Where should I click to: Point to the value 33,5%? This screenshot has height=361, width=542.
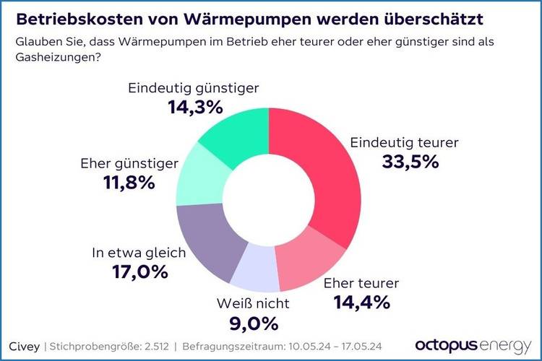pyautogui.click(x=410, y=162)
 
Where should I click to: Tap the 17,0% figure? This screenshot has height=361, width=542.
pyautogui.click(x=139, y=272)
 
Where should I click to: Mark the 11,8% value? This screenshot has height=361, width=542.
pyautogui.click(x=129, y=183)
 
